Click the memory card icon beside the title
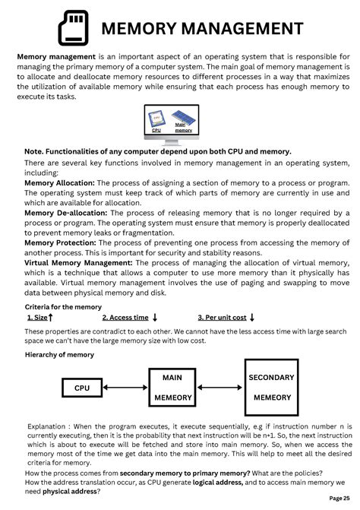74,28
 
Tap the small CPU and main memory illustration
171,119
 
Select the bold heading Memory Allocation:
59,183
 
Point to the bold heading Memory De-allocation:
66,213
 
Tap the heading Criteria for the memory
63,306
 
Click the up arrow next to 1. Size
51,318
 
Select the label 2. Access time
125,318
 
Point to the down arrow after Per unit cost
252,318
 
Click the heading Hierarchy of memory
59,354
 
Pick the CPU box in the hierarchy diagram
82,388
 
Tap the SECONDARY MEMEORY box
272,387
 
